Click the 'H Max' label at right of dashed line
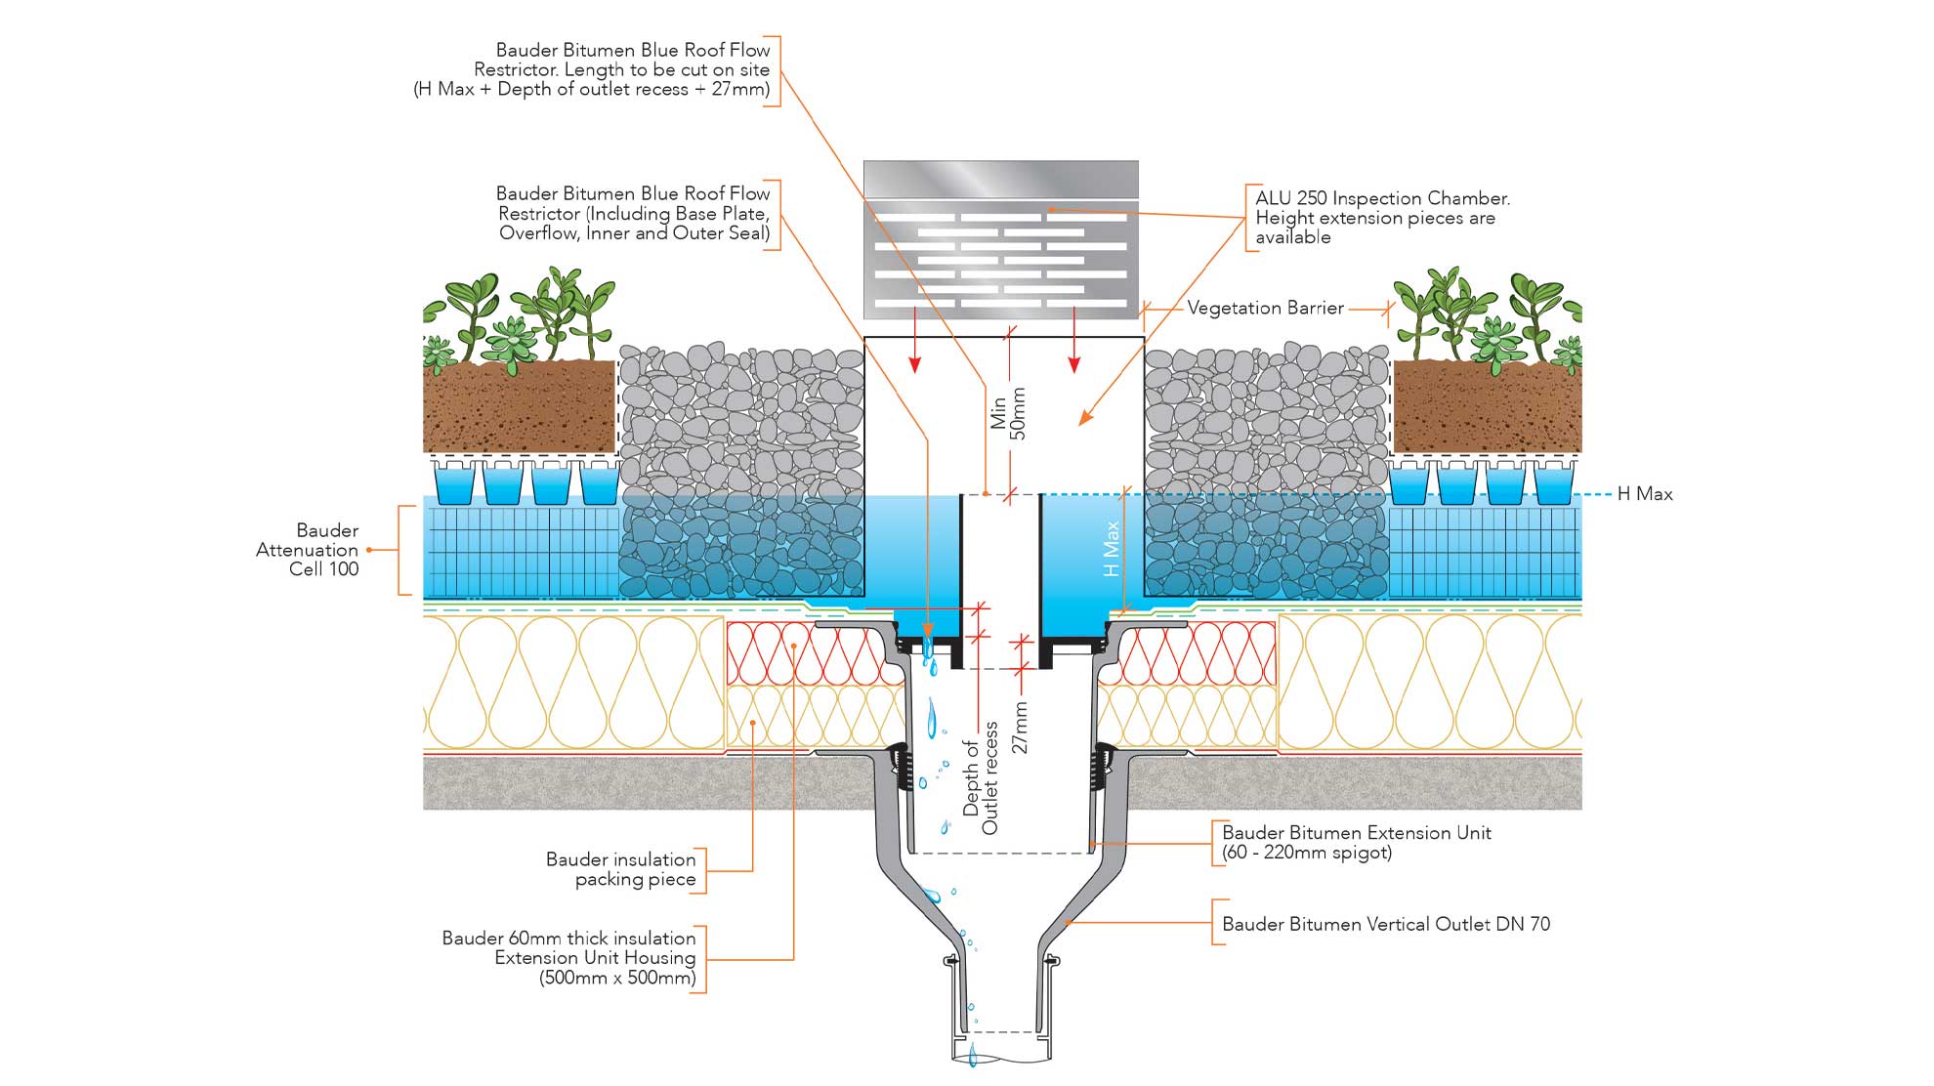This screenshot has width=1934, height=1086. click(1645, 494)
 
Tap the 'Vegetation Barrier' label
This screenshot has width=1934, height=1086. click(1265, 309)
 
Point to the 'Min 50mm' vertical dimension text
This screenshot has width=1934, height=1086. click(1007, 413)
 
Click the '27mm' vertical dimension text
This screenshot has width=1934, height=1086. click(1020, 728)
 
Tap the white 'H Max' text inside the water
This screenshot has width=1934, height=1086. click(1112, 548)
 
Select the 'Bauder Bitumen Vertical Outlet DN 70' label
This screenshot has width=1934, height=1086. click(1385, 924)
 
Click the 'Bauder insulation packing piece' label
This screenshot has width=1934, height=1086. click(621, 869)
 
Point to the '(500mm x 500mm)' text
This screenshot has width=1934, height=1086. click(617, 978)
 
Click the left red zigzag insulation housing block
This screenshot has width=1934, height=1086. click(801, 652)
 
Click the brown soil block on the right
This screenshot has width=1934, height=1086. click(1486, 405)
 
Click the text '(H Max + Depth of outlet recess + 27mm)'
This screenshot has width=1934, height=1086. click(591, 90)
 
